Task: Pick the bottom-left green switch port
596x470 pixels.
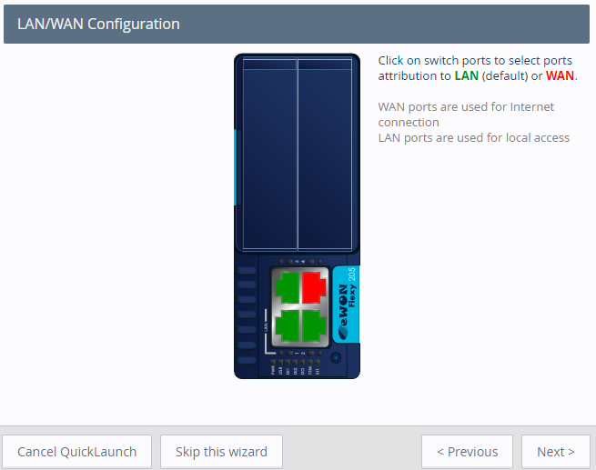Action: pos(288,324)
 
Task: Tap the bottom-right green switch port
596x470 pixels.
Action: pos(314,324)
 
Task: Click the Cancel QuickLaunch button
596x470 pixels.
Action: pos(77,452)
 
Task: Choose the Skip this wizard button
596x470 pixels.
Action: pos(221,452)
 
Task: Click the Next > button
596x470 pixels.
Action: pos(555,452)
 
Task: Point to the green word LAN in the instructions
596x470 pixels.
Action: pos(467,75)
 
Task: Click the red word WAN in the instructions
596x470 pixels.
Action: pos(560,75)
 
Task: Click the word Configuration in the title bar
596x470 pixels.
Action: pos(134,24)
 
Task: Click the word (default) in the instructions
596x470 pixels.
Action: pos(505,75)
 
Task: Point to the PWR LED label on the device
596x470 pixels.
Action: pos(274,369)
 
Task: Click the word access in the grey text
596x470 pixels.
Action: pos(549,137)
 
